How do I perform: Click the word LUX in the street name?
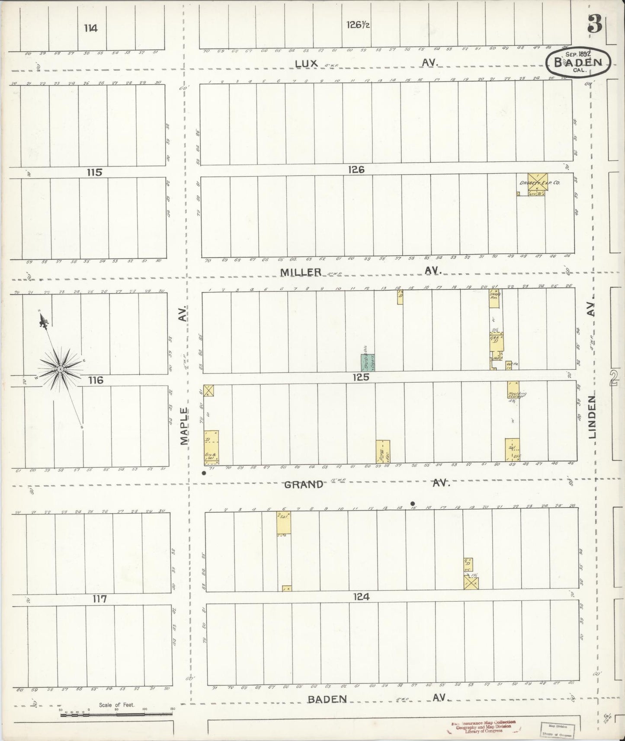point(307,64)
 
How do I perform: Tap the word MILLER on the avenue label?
point(301,272)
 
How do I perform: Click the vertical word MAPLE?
point(185,426)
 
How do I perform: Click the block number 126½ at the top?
point(358,25)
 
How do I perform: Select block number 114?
point(91,29)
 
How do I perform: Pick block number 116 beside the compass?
point(96,380)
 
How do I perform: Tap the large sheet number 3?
point(595,25)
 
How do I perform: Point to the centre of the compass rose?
point(60,369)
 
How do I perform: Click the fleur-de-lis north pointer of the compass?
point(43,320)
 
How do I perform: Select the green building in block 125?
point(368,363)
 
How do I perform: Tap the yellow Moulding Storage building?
point(513,390)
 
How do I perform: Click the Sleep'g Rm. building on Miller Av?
point(495,299)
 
